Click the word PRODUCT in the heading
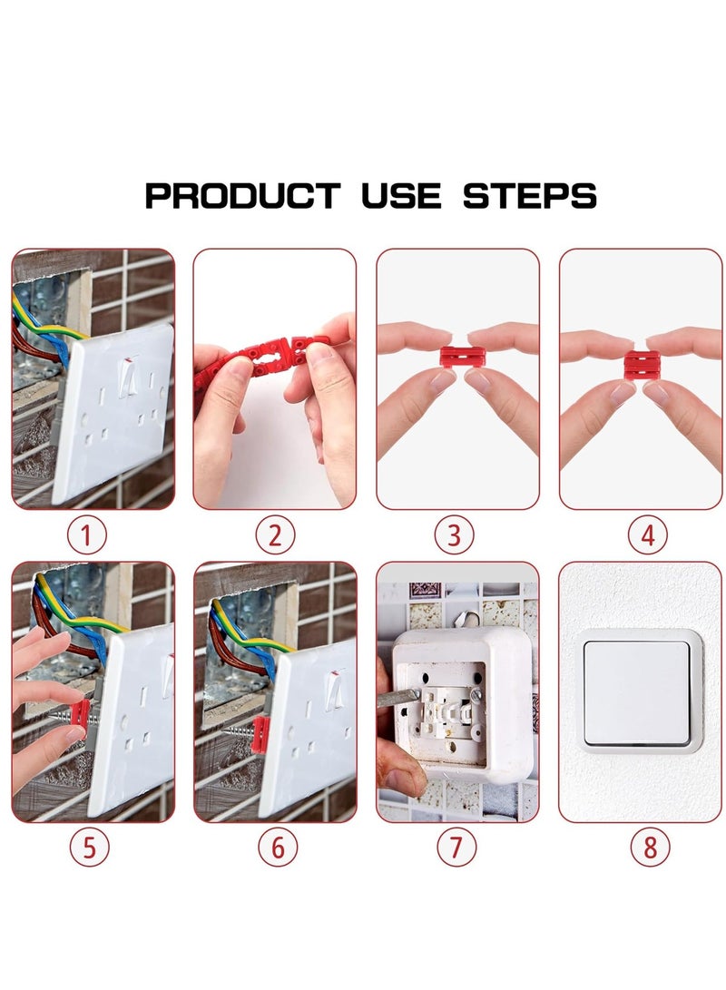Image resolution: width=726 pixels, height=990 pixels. click(242, 195)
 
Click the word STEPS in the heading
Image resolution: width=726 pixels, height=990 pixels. click(530, 195)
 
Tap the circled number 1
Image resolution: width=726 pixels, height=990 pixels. click(87, 535)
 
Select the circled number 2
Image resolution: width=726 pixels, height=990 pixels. click(275, 535)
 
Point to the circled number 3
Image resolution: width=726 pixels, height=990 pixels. click(456, 535)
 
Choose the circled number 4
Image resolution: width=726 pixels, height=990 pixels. click(647, 535)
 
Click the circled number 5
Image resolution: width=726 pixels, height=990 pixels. click(89, 848)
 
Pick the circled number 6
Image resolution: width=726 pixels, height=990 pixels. click(277, 848)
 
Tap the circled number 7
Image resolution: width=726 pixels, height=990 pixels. click(456, 848)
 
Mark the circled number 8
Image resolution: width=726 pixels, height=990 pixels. click(650, 848)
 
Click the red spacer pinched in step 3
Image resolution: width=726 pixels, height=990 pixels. click(458, 356)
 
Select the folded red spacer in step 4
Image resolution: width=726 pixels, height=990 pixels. click(642, 361)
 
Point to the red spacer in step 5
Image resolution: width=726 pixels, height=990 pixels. click(80, 715)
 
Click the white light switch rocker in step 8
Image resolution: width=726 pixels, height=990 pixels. click(636, 691)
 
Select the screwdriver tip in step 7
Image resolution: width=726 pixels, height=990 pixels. click(414, 696)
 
